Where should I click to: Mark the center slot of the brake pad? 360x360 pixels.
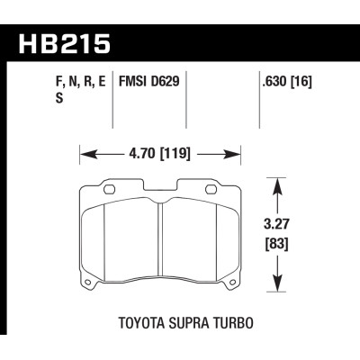(159, 236)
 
